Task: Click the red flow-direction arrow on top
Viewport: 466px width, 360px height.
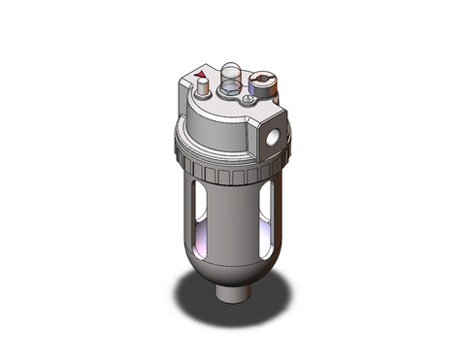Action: pyautogui.click(x=201, y=74)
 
